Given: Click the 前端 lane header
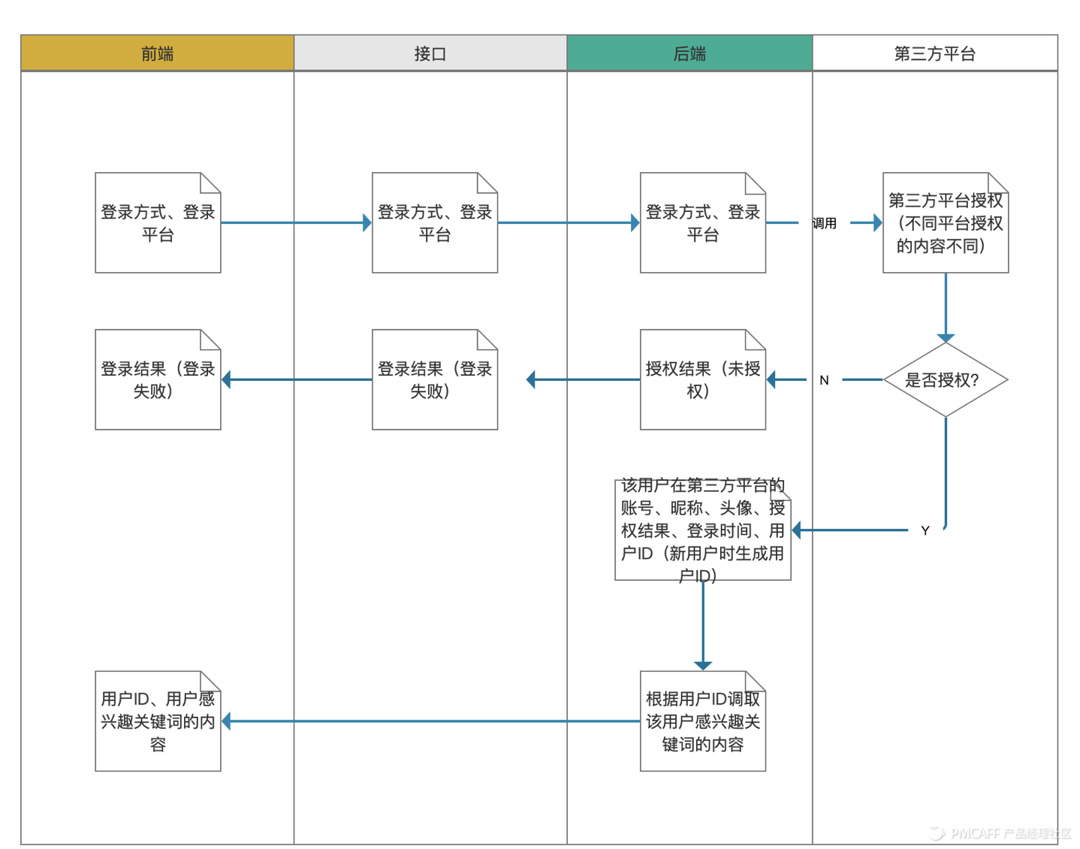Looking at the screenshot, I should tap(157, 53).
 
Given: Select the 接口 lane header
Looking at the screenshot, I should tap(430, 53).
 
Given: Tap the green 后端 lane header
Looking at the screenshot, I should tap(689, 53).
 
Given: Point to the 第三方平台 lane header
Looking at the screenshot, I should tap(934, 53).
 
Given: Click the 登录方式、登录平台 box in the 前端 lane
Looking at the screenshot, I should tap(158, 223).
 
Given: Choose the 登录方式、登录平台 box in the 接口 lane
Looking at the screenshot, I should tap(434, 223).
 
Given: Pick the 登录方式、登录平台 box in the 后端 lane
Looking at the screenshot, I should tap(702, 223).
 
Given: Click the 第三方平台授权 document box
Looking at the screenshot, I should tap(945, 223).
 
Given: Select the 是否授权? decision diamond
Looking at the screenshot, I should tap(945, 380).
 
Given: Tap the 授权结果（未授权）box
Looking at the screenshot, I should tap(702, 380).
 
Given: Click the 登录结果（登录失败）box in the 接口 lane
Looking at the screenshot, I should tap(434, 380).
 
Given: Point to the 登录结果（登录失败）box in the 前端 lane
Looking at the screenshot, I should tap(158, 380).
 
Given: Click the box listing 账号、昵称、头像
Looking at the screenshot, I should tap(702, 530).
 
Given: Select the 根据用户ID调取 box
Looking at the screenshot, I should tap(702, 721).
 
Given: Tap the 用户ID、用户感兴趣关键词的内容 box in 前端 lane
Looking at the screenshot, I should tap(158, 721).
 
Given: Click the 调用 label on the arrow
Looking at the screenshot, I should tap(824, 223).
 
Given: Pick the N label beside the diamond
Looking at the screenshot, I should tap(824, 380).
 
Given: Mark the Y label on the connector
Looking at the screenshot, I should tap(925, 530).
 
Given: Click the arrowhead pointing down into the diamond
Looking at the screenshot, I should tap(945, 338).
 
